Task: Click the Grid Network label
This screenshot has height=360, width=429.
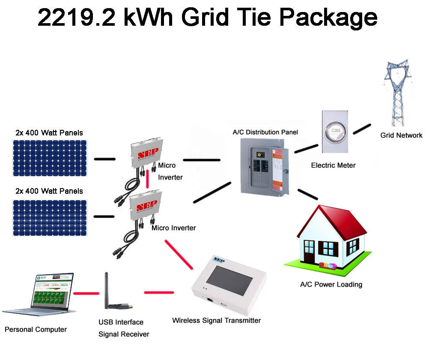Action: tap(401, 135)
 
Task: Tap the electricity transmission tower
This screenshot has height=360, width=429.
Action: tap(398, 92)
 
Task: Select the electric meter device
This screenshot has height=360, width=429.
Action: tap(335, 132)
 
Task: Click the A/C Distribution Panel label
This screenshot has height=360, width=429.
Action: tap(265, 132)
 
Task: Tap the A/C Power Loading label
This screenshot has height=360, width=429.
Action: tap(331, 284)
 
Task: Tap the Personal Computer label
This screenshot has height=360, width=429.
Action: tap(36, 330)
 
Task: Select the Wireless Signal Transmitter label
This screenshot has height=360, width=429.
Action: tap(216, 320)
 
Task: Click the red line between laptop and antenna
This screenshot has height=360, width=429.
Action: tap(83, 294)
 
